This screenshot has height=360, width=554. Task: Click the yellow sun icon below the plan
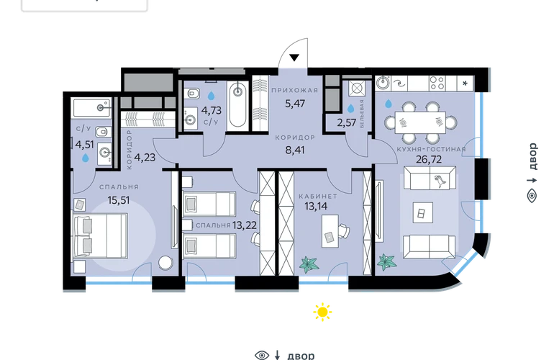tap(322, 312)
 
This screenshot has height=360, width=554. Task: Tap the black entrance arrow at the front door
tap(294, 58)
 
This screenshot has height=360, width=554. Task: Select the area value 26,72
tap(429, 160)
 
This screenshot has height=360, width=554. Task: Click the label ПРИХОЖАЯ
tap(295, 90)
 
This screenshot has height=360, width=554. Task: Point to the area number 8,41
tap(295, 150)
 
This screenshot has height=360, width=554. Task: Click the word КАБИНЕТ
tap(318, 196)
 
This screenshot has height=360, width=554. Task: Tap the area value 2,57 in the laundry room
tap(346, 122)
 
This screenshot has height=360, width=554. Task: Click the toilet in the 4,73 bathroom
tap(194, 94)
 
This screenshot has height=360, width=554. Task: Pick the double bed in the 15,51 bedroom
tap(100, 235)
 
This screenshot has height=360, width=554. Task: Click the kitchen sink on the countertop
tap(383, 84)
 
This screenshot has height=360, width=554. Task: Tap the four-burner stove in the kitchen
tap(437, 84)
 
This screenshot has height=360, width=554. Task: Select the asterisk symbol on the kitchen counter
tap(465, 84)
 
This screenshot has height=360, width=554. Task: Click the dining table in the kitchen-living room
tap(420, 122)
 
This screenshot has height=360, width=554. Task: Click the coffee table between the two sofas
tap(422, 212)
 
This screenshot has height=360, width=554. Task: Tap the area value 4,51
tap(84, 145)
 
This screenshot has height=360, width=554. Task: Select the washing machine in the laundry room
tap(356, 89)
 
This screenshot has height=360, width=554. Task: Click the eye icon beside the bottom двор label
tap(262, 355)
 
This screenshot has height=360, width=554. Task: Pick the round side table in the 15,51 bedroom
tap(165, 263)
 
